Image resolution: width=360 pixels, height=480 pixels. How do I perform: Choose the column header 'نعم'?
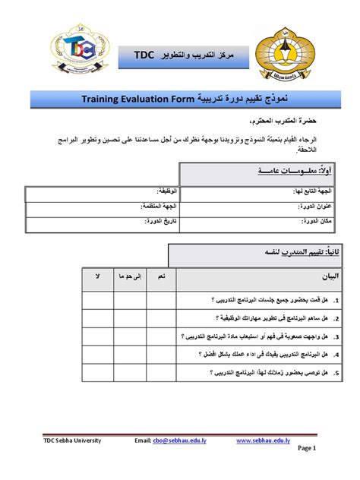[161, 279]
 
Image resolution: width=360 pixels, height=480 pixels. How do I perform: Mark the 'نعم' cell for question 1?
[161, 299]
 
